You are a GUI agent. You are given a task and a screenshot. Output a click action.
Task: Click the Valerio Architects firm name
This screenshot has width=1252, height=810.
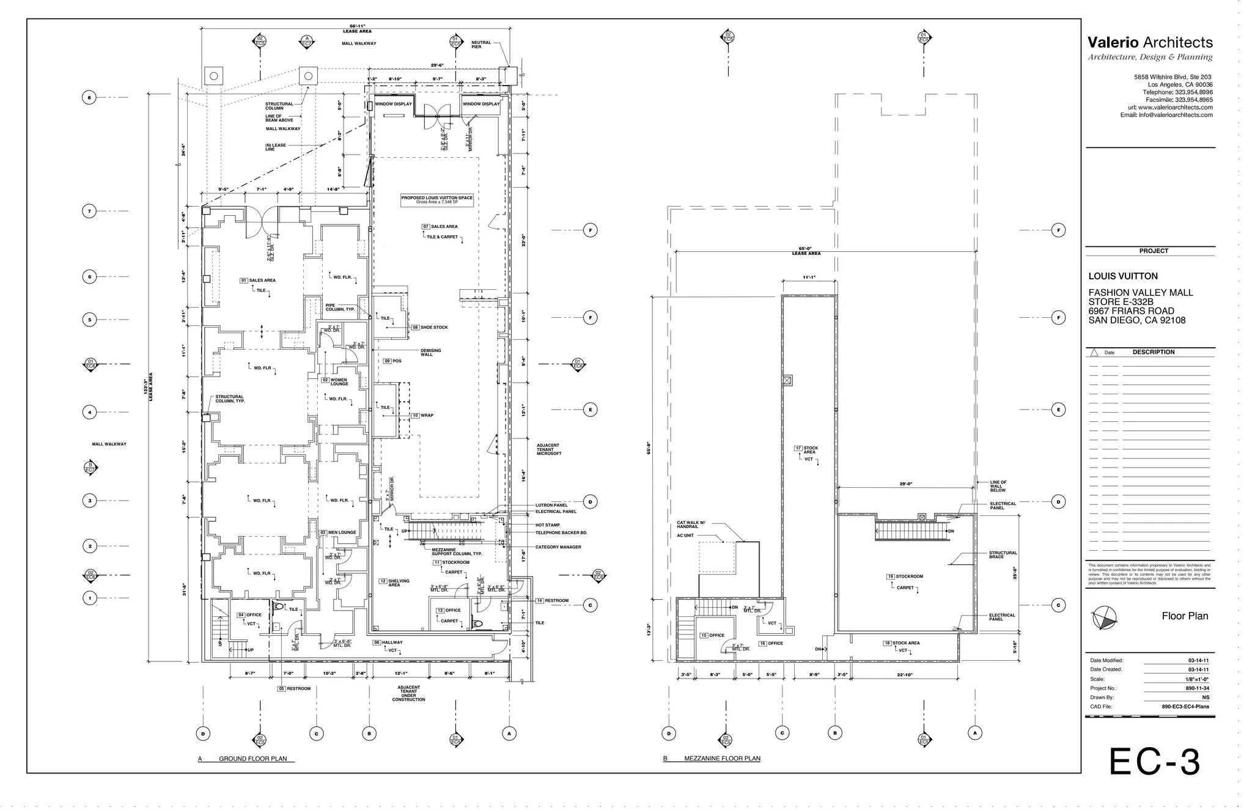click(1149, 42)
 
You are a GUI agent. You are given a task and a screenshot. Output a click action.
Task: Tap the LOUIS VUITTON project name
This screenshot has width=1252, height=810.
click(1122, 276)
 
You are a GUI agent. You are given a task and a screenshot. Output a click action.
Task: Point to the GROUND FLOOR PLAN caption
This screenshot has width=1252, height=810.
click(252, 759)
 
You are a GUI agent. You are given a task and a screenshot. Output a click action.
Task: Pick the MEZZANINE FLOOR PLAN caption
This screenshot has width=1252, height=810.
click(721, 759)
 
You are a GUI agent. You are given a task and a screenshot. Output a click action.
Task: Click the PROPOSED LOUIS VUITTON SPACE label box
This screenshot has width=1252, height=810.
click(436, 200)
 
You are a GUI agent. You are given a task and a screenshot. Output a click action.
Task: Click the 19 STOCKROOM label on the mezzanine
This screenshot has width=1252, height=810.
click(905, 576)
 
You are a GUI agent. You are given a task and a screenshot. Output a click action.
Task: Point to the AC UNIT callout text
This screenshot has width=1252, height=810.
click(685, 536)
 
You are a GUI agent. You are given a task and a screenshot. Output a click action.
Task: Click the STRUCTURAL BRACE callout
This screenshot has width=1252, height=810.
click(1003, 554)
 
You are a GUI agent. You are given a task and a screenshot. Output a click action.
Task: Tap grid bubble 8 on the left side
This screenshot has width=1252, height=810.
click(89, 97)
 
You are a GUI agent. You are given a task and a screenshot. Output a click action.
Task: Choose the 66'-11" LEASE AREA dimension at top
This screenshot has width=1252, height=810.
click(356, 29)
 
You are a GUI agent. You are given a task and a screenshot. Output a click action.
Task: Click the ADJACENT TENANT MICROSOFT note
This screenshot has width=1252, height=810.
click(548, 449)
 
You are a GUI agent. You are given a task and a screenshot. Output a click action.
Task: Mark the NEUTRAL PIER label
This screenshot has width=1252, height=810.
click(481, 45)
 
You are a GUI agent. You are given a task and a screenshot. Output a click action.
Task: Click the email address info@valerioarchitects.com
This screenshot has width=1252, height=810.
click(1166, 115)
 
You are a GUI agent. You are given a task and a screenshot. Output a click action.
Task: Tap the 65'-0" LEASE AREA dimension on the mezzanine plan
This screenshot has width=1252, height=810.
click(806, 251)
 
